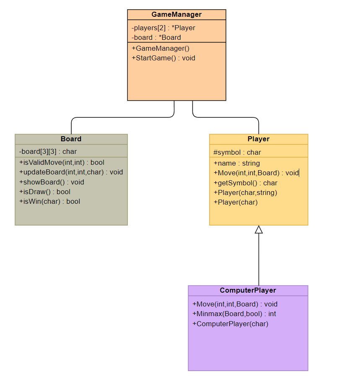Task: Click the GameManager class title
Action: click(176, 15)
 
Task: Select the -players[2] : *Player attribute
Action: click(163, 28)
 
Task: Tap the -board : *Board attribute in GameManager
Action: click(156, 37)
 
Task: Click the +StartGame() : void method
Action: click(163, 58)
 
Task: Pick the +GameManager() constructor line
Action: click(160, 48)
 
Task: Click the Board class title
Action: click(71, 139)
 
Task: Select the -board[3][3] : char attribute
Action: click(48, 151)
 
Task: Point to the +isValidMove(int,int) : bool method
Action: click(62, 162)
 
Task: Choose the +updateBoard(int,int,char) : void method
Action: click(71, 172)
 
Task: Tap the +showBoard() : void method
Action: click(52, 182)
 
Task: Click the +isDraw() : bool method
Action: click(44, 192)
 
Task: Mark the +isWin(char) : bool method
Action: click(49, 201)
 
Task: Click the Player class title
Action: click(259, 139)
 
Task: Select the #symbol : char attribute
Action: click(237, 152)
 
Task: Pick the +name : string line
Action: click(236, 163)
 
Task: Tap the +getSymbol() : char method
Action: click(245, 183)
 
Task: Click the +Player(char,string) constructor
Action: click(245, 192)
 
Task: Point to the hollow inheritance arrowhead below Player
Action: click(259, 229)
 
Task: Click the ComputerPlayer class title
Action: click(248, 290)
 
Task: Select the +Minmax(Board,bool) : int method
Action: click(234, 314)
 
